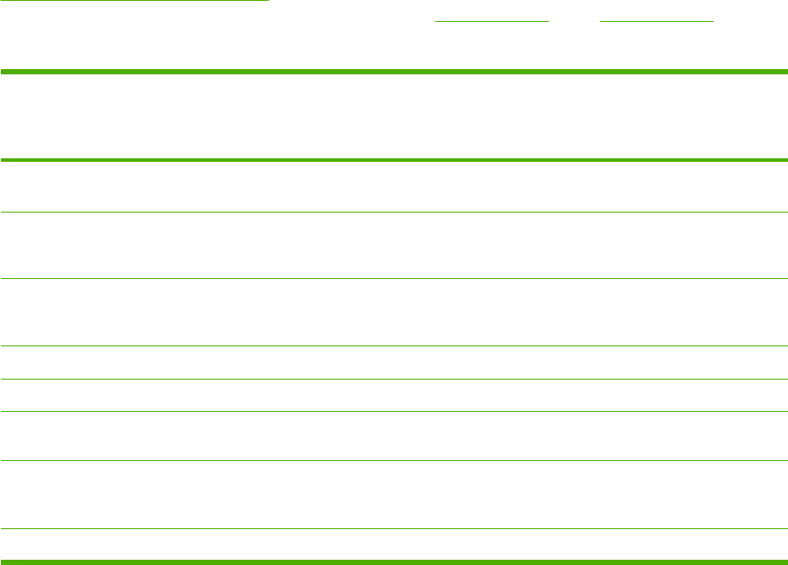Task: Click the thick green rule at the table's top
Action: [x=394, y=72]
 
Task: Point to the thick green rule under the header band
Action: [x=394, y=160]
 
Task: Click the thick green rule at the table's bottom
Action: [x=394, y=561]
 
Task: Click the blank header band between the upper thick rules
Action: [x=394, y=116]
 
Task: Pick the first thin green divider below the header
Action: [x=394, y=212]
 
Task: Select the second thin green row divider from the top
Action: [x=394, y=279]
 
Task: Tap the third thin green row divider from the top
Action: [x=394, y=347]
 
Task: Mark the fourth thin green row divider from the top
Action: [x=394, y=379]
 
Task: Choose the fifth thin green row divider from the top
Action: [x=394, y=412]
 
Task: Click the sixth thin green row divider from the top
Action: [x=394, y=461]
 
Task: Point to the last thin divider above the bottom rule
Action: [x=394, y=528]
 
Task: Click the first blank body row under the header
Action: [x=394, y=186]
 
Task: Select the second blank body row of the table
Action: [x=394, y=246]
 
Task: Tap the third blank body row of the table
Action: [x=394, y=313]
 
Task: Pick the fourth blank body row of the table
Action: [x=394, y=363]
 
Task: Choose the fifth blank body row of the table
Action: [x=394, y=395]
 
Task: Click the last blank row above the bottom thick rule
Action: [x=394, y=544]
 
